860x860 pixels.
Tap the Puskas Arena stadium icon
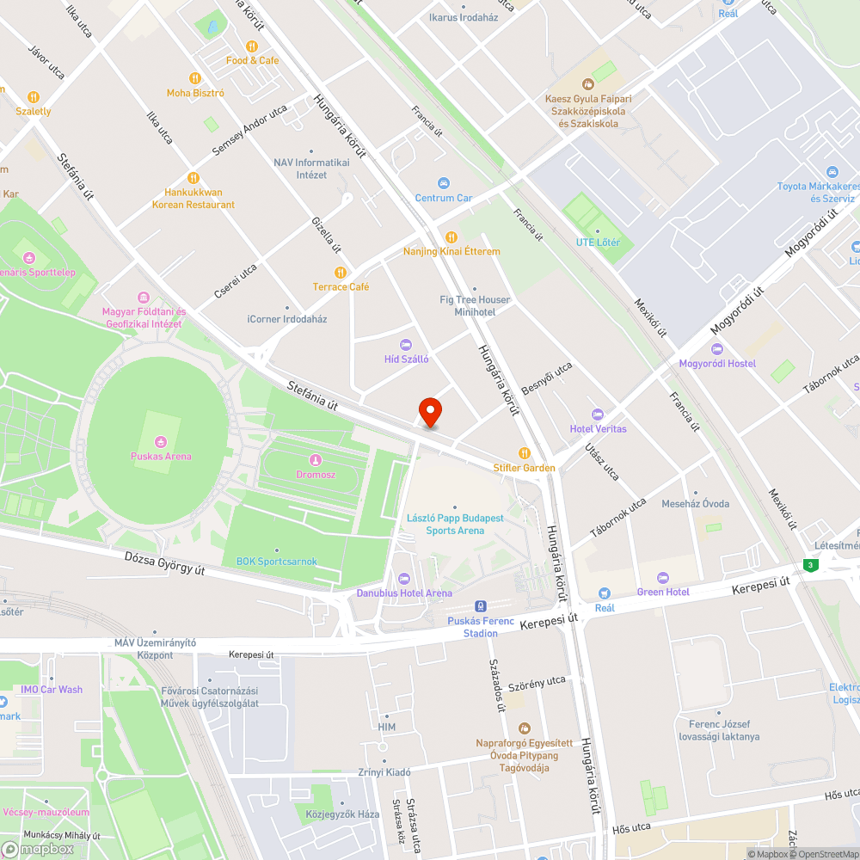pyautogui.click(x=161, y=440)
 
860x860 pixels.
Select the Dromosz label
pyautogui.click(x=316, y=474)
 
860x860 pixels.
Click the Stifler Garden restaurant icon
pyautogui.click(x=524, y=452)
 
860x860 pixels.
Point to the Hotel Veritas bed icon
pyautogui.click(x=598, y=414)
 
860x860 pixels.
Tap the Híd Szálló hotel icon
pyautogui.click(x=406, y=344)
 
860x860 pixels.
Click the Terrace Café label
pyautogui.click(x=341, y=286)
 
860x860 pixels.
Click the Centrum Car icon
pyautogui.click(x=444, y=183)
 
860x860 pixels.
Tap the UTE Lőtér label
pyautogui.click(x=598, y=243)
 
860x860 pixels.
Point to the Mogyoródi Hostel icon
pyautogui.click(x=717, y=348)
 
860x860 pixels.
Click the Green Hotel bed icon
pyautogui.click(x=662, y=577)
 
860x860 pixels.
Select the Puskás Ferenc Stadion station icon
pyautogui.click(x=481, y=606)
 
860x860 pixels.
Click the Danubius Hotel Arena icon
pyautogui.click(x=404, y=578)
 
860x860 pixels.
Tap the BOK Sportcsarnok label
pyautogui.click(x=276, y=562)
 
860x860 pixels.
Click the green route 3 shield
pyautogui.click(x=809, y=565)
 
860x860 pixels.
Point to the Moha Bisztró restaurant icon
pyautogui.click(x=195, y=78)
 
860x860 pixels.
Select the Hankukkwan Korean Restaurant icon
pyautogui.click(x=193, y=178)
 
